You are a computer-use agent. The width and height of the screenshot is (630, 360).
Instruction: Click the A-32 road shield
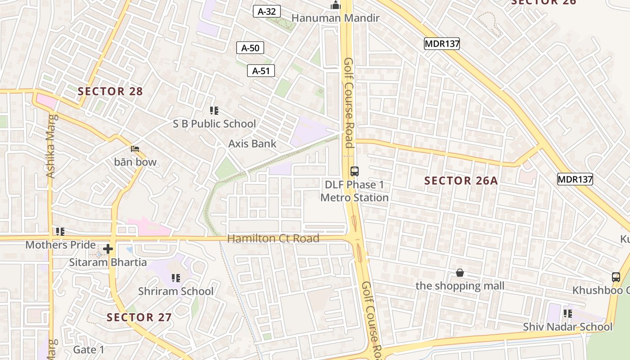[267, 11]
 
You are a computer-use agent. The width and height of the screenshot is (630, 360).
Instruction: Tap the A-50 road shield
[250, 48]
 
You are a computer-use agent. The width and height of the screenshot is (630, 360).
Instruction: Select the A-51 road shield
[261, 71]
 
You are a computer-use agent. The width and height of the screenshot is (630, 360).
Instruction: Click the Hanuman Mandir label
[335, 18]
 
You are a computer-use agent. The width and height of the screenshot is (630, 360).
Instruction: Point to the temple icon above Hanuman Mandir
[335, 5]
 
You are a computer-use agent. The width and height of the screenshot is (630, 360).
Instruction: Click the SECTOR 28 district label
[110, 91]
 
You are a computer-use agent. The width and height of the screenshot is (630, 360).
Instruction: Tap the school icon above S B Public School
[214, 110]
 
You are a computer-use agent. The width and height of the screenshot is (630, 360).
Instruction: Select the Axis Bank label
[252, 144]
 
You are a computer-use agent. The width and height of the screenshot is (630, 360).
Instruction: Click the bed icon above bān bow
[135, 149]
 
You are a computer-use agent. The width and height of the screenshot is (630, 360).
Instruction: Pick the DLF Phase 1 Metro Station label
[355, 191]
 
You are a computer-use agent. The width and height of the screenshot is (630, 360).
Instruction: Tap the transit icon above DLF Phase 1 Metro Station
[355, 171]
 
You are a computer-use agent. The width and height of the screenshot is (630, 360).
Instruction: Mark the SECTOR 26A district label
[461, 181]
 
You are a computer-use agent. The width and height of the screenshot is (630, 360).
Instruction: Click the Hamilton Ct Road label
[273, 238]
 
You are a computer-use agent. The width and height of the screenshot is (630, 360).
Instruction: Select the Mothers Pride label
[60, 245]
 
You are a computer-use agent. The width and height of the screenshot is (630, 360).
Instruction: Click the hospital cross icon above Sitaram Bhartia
[108, 249]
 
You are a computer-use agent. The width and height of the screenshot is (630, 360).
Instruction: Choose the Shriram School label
[175, 291]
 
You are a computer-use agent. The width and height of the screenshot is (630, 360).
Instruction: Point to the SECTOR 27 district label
[139, 317]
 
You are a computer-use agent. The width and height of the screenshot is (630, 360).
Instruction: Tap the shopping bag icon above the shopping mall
[460, 273]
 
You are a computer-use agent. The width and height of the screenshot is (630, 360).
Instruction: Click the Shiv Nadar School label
[567, 327]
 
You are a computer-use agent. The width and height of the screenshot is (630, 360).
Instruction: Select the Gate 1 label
[89, 350]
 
